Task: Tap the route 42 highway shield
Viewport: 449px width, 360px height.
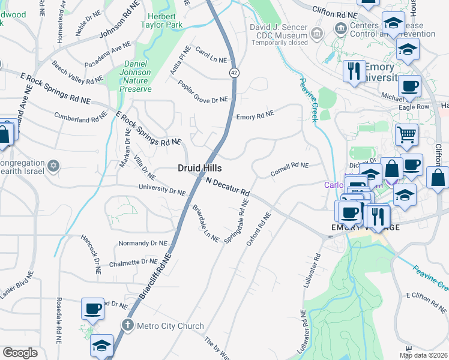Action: (x=232, y=72)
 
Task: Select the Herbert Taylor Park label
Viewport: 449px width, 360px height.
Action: (x=158, y=20)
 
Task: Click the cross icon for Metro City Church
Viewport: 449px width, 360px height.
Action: (x=127, y=325)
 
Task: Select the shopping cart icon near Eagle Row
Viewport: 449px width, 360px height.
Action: (x=406, y=134)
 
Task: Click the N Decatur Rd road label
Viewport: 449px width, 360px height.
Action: (x=228, y=187)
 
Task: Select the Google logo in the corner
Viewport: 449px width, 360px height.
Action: (x=20, y=353)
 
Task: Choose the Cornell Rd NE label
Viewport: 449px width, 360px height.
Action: (x=289, y=166)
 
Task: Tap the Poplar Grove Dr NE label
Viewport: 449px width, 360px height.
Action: (x=203, y=91)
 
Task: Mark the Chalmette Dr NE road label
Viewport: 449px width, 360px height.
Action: (x=133, y=262)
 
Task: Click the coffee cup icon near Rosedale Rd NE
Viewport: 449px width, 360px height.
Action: (x=92, y=308)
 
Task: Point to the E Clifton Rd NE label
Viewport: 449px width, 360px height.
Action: (x=427, y=296)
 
